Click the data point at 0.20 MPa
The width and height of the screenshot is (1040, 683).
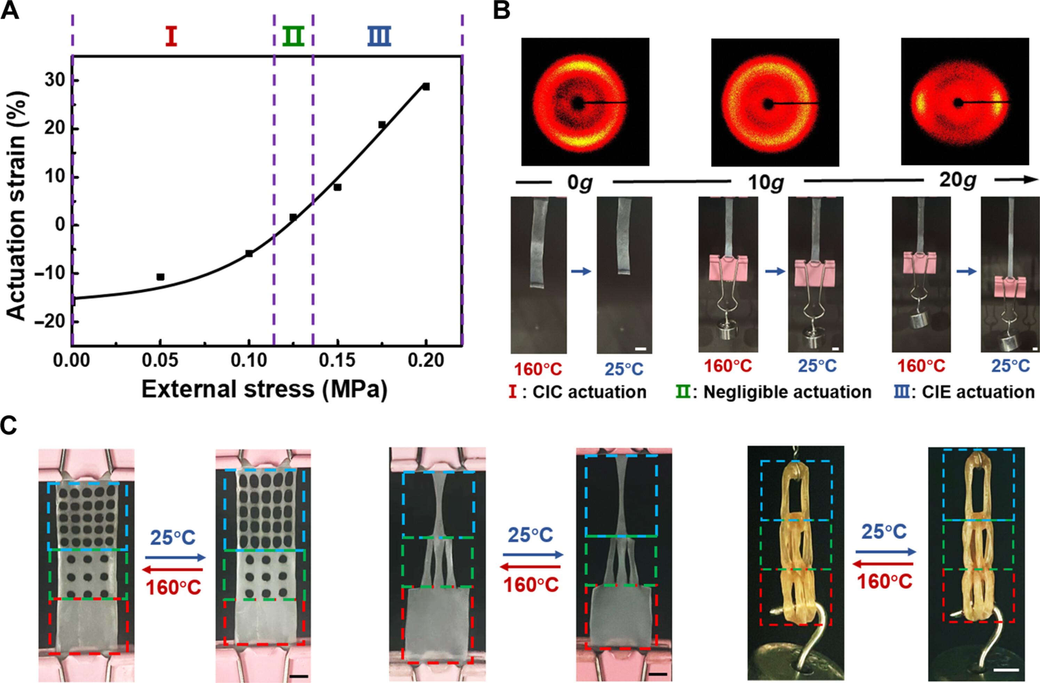point(426,87)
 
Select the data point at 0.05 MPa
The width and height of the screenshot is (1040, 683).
point(160,277)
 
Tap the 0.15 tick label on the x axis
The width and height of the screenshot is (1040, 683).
point(337,361)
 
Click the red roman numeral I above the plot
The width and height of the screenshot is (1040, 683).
point(171,37)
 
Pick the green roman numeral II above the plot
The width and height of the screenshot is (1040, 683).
point(293,37)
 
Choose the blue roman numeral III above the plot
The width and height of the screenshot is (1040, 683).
point(379,37)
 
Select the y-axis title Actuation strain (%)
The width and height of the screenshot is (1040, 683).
point(17,205)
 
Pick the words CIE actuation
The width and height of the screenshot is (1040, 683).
point(978,392)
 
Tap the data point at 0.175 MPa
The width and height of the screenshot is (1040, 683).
point(382,125)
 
